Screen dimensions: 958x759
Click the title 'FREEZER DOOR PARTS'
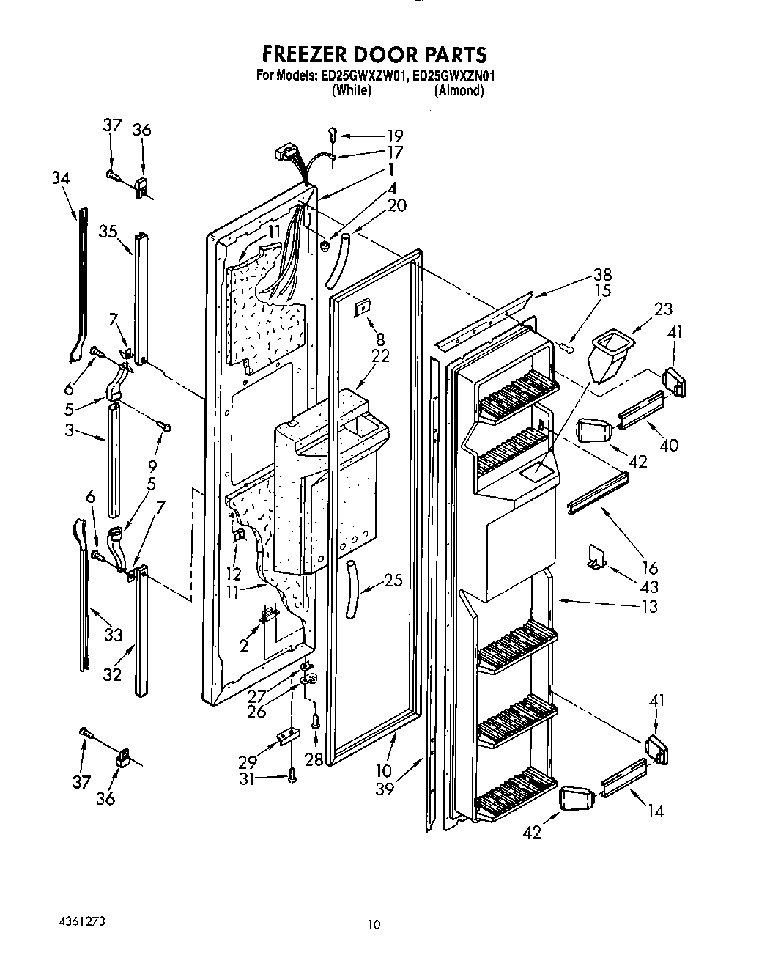[x=374, y=54]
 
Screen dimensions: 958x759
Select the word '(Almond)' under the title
[x=459, y=91]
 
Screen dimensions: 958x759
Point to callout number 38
[x=603, y=275]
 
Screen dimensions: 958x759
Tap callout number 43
[x=648, y=587]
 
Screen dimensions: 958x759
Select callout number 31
[x=248, y=780]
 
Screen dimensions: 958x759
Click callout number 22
[x=380, y=356]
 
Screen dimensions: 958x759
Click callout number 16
[x=650, y=567]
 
